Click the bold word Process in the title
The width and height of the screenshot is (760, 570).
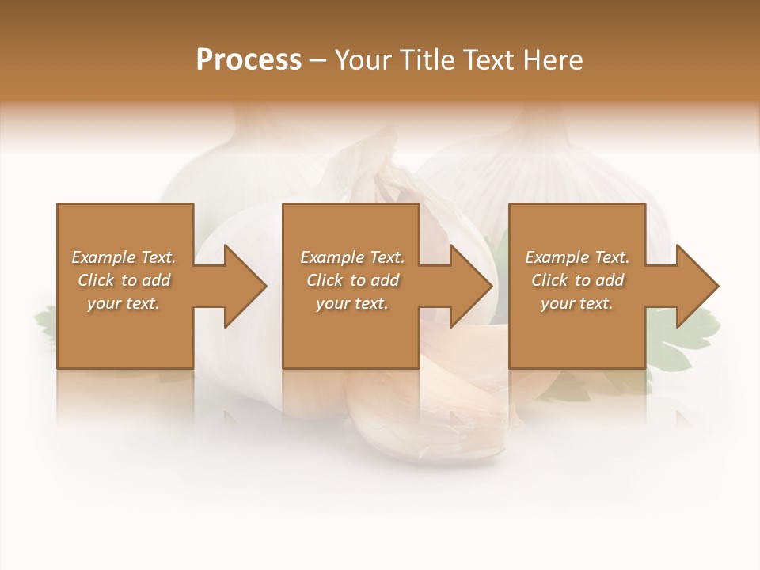249,59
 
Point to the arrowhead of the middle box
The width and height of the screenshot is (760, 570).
470,286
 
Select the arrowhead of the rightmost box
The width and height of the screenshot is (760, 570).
696,286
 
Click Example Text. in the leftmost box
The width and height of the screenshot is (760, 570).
123,257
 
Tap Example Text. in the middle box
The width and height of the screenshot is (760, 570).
352,257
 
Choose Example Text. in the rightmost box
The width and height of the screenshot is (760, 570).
577,257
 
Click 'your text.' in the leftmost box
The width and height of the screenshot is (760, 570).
123,303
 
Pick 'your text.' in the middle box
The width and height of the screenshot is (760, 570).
352,303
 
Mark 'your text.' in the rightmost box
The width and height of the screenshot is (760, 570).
577,303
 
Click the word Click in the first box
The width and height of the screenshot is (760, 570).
97,280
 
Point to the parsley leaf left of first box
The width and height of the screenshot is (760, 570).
44,321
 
